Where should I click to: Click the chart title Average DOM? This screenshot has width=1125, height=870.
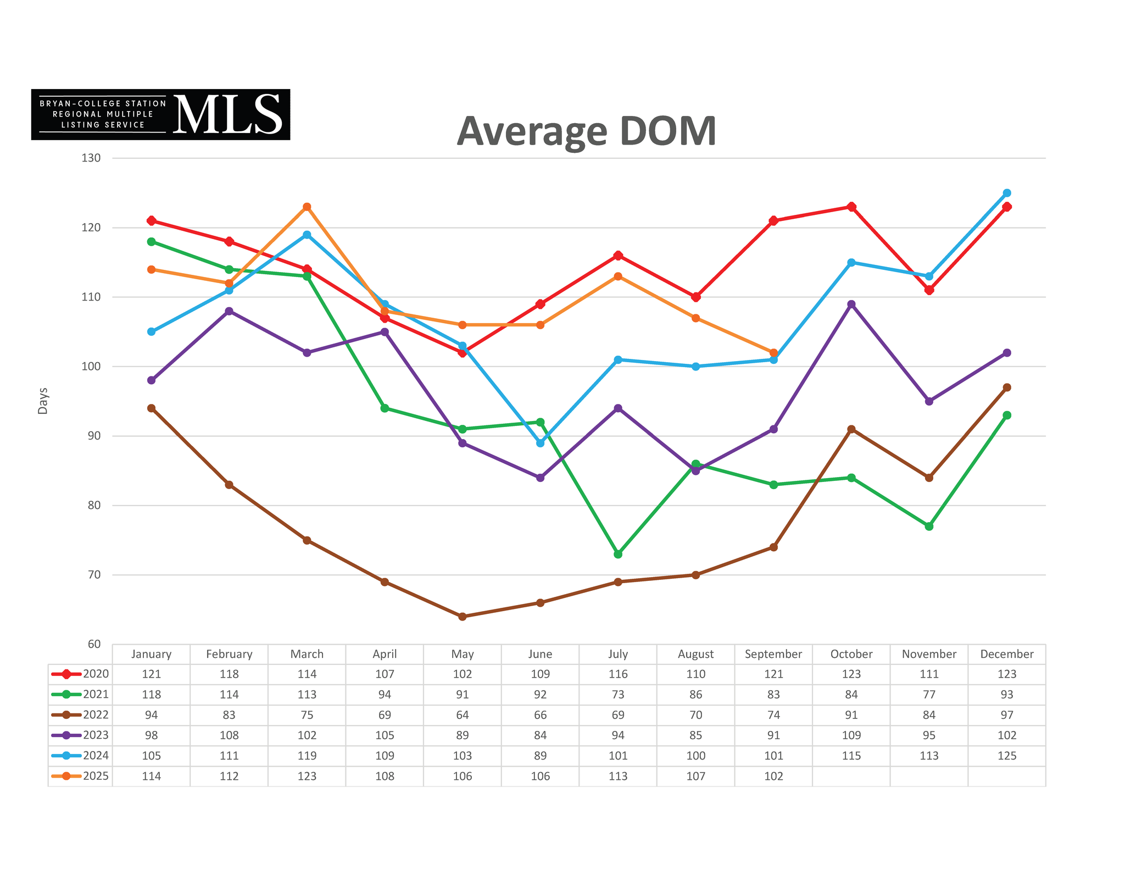click(x=586, y=131)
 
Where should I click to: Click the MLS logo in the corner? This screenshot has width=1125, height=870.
click(x=160, y=114)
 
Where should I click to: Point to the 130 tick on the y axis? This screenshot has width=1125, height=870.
click(x=91, y=158)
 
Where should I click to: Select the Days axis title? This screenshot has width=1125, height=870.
click(x=43, y=401)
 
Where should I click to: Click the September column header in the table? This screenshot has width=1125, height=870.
click(x=773, y=654)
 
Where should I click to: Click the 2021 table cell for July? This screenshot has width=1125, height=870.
click(x=618, y=695)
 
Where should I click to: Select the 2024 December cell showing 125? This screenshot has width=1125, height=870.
click(x=1006, y=756)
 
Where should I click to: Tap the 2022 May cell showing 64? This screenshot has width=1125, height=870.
click(x=463, y=715)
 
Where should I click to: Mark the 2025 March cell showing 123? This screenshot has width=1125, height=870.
click(x=307, y=776)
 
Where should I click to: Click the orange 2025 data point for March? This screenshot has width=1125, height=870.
click(x=307, y=207)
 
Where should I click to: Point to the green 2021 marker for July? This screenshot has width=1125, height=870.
click(x=618, y=554)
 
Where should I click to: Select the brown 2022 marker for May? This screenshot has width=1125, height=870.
click(x=463, y=617)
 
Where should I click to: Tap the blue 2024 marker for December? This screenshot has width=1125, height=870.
click(x=1006, y=193)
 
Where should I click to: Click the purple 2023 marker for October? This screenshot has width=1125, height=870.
click(x=851, y=304)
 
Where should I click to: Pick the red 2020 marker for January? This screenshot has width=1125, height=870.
click(x=152, y=221)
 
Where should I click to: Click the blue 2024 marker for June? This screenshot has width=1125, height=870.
click(x=540, y=443)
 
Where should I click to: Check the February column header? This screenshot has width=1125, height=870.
click(x=229, y=654)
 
